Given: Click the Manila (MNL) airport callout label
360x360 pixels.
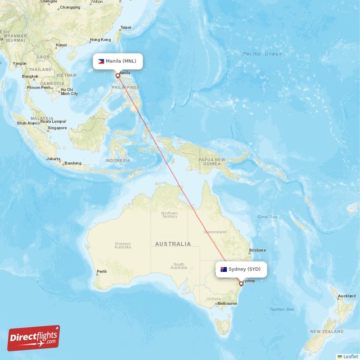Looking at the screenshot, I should pos(118,61).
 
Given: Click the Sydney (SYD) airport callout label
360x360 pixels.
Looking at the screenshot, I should pos(241,269).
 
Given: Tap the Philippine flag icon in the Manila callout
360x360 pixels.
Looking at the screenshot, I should pos(101,61).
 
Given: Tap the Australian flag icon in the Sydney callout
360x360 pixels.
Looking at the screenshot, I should pos(224,269).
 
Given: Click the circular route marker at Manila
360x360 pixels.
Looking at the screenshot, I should pos(118,76).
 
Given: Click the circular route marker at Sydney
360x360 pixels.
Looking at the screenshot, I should pos(241,283).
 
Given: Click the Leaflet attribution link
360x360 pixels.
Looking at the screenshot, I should pos(347,356).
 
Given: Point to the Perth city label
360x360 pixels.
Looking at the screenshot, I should pos(102,271).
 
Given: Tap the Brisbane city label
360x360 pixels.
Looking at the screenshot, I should pos(258,250).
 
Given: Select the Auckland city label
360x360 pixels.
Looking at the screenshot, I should pos(346,296).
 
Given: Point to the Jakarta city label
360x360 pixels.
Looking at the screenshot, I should pos(54,159).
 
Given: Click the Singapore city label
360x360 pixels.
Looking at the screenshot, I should pos(57,128).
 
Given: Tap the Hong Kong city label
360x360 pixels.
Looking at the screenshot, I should pos(99,40).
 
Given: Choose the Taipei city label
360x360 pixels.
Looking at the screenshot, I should pos(126,27).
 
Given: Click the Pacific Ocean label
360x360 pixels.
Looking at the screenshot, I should pos(262,54).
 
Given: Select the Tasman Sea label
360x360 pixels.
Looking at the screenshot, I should pos(282,309).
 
